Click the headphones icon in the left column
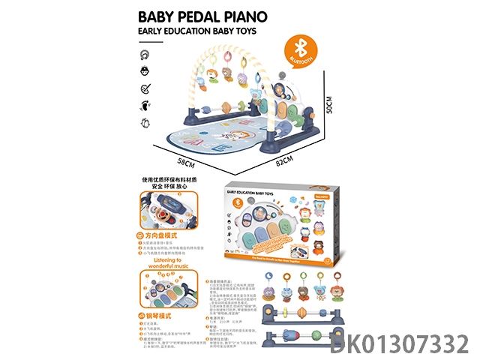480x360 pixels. (143, 55)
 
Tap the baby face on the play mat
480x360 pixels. (223, 133)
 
